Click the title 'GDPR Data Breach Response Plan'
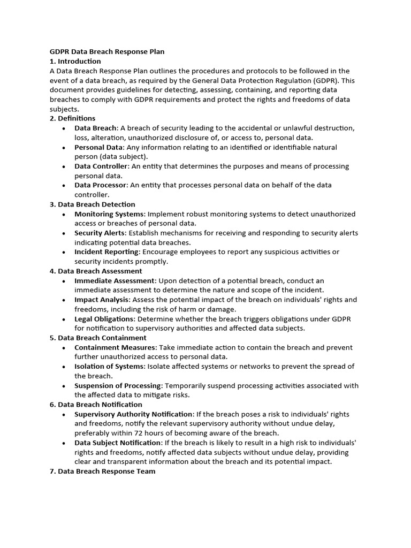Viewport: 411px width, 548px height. [x=107, y=52]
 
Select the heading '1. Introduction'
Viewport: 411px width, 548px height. [x=75, y=61]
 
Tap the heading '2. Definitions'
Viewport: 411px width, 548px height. [x=72, y=118]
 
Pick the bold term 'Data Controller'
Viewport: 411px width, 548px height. [x=101, y=166]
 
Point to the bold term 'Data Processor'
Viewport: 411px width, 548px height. [x=101, y=185]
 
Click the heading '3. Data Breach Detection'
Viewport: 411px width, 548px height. [x=92, y=204]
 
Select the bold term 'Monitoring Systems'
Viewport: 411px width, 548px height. [x=110, y=214]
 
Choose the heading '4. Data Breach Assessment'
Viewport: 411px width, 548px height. [x=96, y=271]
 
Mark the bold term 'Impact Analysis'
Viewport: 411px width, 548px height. [x=102, y=300]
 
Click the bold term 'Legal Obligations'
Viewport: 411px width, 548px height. [x=104, y=319]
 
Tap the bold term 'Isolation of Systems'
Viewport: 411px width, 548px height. [x=109, y=367]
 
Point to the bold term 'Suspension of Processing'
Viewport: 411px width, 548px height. [x=118, y=386]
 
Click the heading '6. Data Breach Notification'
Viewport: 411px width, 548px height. [x=96, y=405]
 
